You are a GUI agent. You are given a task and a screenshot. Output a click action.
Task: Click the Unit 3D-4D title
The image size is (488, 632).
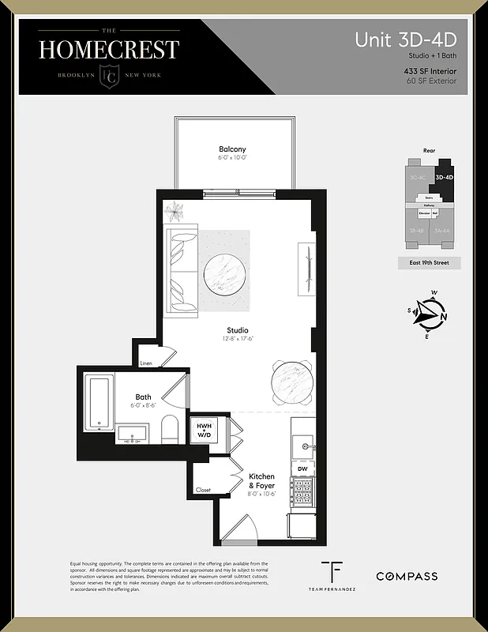point(405,39)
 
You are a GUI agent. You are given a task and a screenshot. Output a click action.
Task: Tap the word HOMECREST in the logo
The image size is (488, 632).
point(109,49)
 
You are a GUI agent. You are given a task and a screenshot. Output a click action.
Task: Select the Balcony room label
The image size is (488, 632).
point(232,149)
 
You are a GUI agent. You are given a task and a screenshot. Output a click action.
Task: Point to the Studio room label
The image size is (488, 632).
point(237,330)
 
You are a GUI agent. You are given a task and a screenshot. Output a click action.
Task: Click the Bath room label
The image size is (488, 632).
point(143,397)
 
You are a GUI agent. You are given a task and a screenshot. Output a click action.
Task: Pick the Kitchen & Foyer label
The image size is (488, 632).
point(261,481)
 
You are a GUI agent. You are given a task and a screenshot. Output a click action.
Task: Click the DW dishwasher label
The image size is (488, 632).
point(302,468)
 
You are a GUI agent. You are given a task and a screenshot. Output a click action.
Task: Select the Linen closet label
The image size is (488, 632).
point(146,363)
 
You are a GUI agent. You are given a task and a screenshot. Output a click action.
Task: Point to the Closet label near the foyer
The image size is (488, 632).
point(204,490)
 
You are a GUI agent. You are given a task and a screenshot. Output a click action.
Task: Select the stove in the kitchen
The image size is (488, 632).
point(302,491)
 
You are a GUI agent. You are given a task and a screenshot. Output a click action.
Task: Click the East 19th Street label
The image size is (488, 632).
point(430,262)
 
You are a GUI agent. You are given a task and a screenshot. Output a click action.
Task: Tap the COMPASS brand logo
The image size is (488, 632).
point(406,577)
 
